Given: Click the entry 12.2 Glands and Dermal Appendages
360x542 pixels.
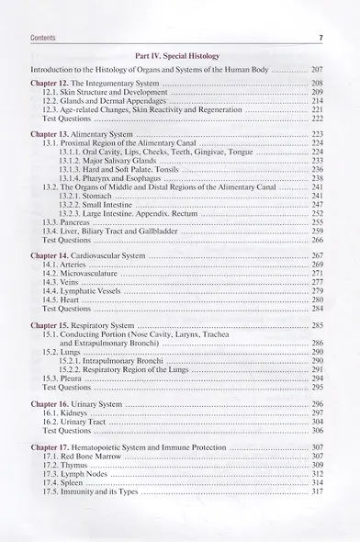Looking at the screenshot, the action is tap(109, 101).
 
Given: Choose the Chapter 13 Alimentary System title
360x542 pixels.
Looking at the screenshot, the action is tap(88, 134).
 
